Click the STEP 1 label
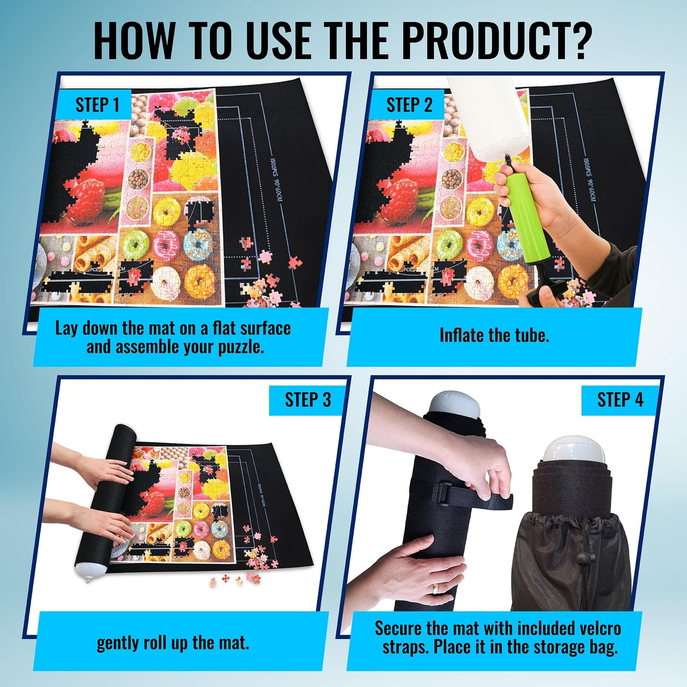pos(97,105)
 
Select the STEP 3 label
pos(308,400)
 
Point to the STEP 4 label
pos(620,400)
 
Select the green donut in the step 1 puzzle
pos(135,244)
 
